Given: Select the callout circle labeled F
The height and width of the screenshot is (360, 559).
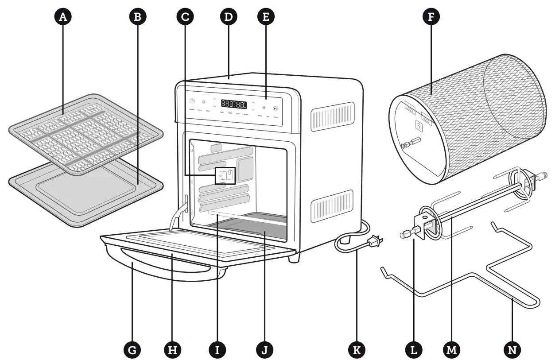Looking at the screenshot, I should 430,17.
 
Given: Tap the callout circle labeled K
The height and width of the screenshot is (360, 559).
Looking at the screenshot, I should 356,349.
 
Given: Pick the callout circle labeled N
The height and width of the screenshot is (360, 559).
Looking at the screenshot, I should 512,349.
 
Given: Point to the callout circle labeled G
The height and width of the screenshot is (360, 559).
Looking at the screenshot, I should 132,349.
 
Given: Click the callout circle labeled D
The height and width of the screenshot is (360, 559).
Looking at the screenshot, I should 229,17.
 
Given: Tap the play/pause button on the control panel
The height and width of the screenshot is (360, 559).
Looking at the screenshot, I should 275,108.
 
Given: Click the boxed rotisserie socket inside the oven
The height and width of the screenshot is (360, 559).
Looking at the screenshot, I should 225,175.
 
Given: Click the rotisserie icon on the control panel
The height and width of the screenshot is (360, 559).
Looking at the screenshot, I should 204,102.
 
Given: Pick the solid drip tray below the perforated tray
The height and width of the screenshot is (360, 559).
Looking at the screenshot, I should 84,190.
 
